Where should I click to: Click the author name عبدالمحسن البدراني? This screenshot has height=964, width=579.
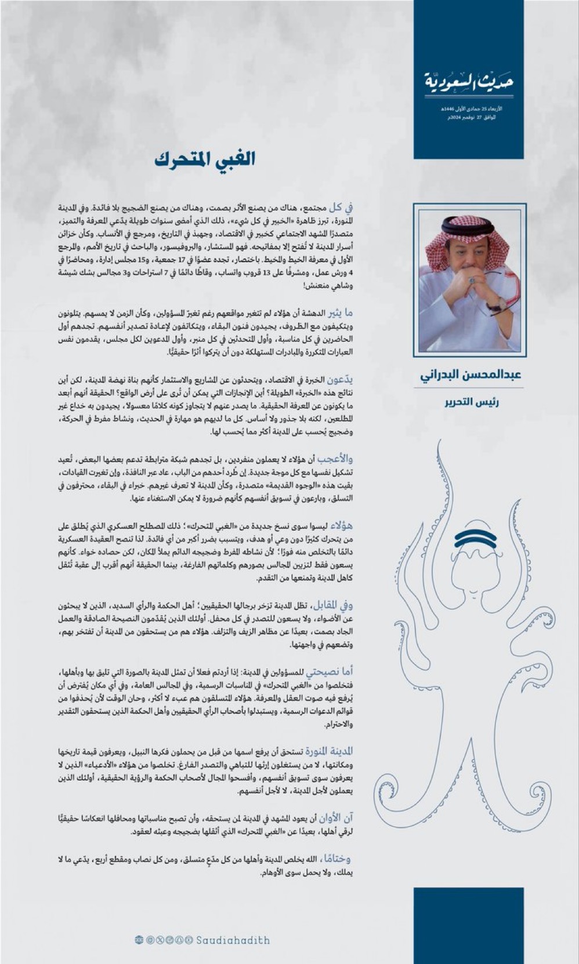pyautogui.click(x=471, y=374)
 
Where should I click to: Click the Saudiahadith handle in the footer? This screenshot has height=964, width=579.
pyautogui.click(x=232, y=940)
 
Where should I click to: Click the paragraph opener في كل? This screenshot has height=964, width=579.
pyautogui.click(x=341, y=207)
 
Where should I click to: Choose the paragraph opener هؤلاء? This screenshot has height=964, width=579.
pyautogui.click(x=342, y=526)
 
